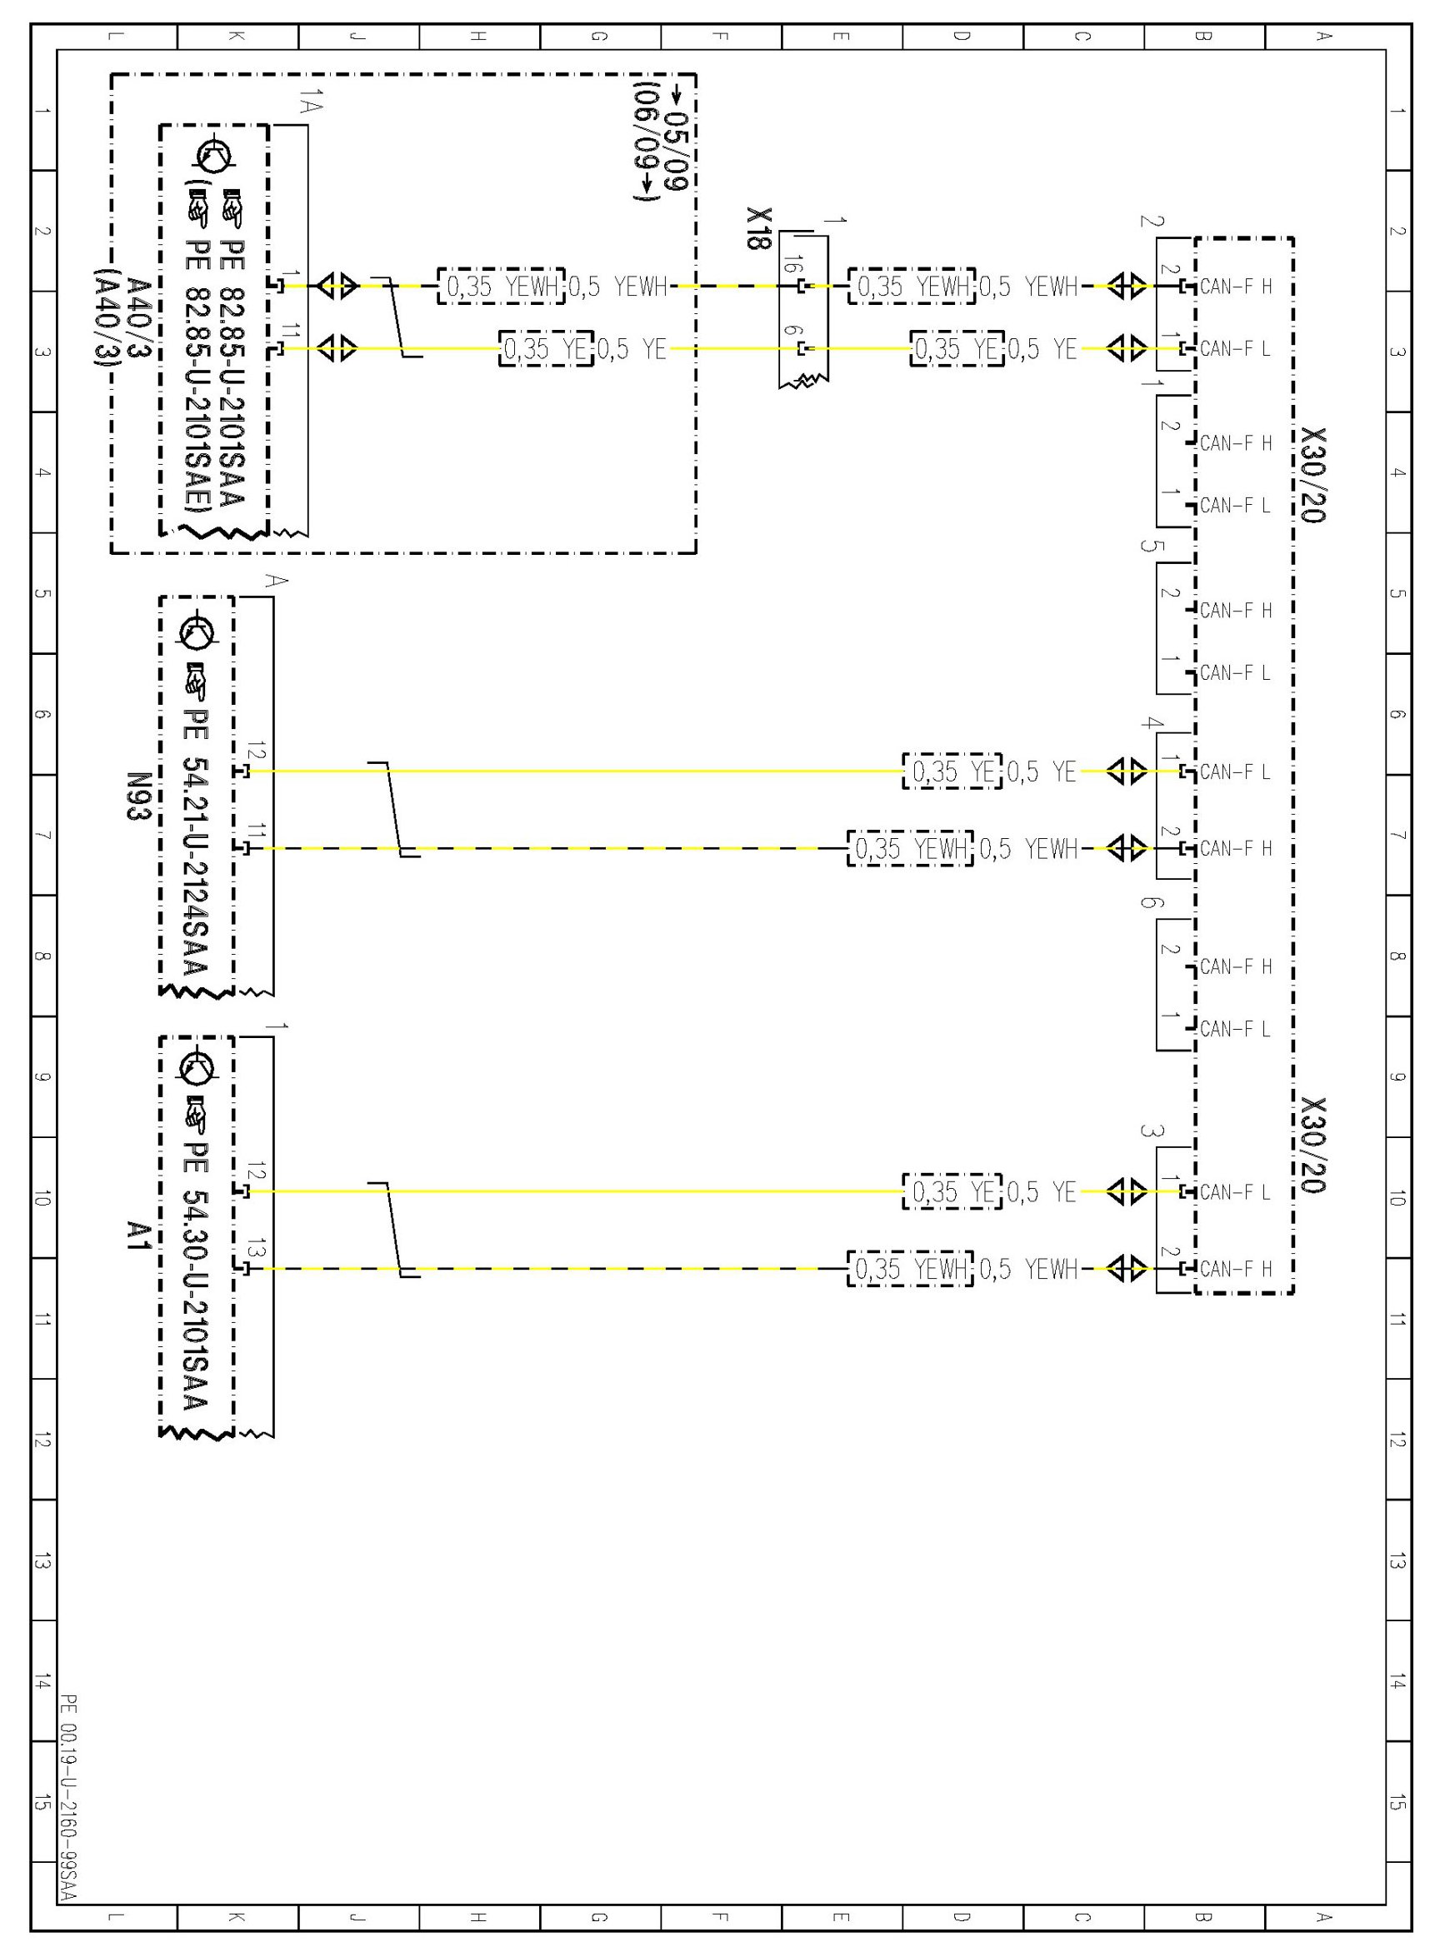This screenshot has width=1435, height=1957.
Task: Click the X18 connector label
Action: pyautogui.click(x=757, y=228)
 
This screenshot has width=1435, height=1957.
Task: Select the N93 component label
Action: pyautogui.click(x=137, y=796)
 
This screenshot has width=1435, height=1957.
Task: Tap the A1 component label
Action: pyautogui.click(x=137, y=1236)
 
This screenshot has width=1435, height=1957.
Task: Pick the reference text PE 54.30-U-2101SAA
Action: pyautogui.click(x=197, y=1276)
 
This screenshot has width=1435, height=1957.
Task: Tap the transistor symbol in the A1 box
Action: pyautogui.click(x=197, y=1068)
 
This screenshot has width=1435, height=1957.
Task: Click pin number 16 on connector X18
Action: pyautogui.click(x=790, y=265)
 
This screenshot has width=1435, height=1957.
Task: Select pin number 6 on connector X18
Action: pyautogui.click(x=790, y=331)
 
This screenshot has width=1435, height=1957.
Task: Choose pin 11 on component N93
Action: pyautogui.click(x=255, y=832)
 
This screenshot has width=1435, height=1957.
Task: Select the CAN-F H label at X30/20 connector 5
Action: pyautogui.click(x=1234, y=611)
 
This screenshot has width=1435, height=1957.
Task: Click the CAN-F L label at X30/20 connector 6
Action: pyautogui.click(x=1234, y=1029)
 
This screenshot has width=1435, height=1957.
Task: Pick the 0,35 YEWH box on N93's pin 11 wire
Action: pyautogui.click(x=909, y=848)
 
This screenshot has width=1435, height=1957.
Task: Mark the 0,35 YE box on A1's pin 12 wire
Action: pyautogui.click(x=952, y=1192)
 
